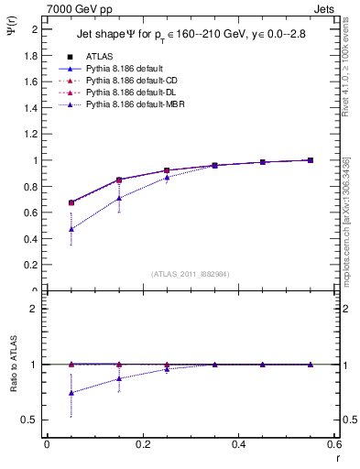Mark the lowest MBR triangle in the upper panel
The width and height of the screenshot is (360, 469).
71,229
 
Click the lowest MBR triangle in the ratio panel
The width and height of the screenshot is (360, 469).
71,392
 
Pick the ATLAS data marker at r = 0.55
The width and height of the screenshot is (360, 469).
310,160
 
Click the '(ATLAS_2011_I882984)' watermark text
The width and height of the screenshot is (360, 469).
191,273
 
